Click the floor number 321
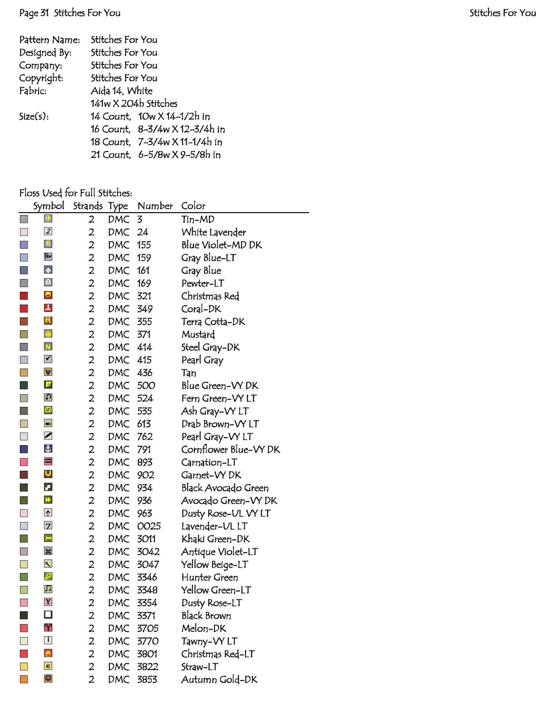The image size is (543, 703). pos(144,296)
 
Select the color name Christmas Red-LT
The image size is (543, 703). pos(218,654)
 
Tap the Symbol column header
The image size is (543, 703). pos(48,206)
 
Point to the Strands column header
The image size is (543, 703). pos(88,206)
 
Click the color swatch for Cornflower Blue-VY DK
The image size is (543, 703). pos(24,449)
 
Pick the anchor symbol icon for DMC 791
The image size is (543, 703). pos(48,449)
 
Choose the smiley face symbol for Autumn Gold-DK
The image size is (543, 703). pos(48,679)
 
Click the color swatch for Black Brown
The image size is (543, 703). pos(24,615)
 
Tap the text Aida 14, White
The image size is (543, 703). pos(121,91)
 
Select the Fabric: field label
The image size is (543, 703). pos(33,91)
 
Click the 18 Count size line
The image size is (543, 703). pos(156,142)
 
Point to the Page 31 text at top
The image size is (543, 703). pos(34,13)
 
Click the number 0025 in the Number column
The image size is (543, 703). pos(149,526)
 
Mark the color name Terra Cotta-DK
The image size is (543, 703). pos(213,321)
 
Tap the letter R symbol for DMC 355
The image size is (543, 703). pos(48,321)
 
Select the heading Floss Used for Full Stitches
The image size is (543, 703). pos(76,193)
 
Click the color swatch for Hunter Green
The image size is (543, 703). pos(24,577)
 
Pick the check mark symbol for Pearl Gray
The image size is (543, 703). pos(48,359)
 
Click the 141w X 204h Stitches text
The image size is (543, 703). pos(134,103)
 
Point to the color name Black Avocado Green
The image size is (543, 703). pos(225,488)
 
